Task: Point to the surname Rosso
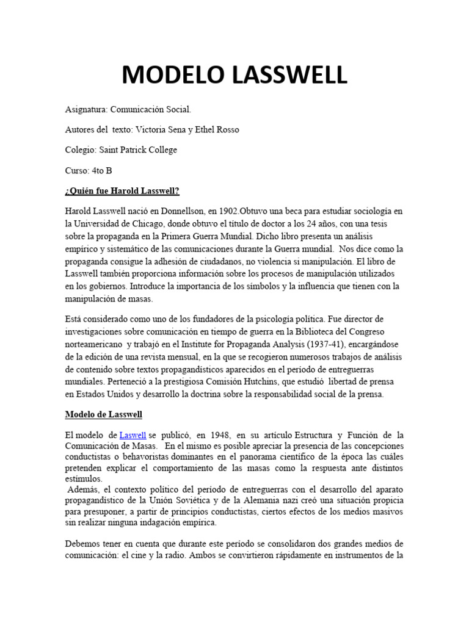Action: [x=227, y=129]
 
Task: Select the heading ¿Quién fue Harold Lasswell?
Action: [x=122, y=190]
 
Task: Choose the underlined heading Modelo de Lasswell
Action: [x=104, y=414]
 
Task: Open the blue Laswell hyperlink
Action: [x=133, y=435]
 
